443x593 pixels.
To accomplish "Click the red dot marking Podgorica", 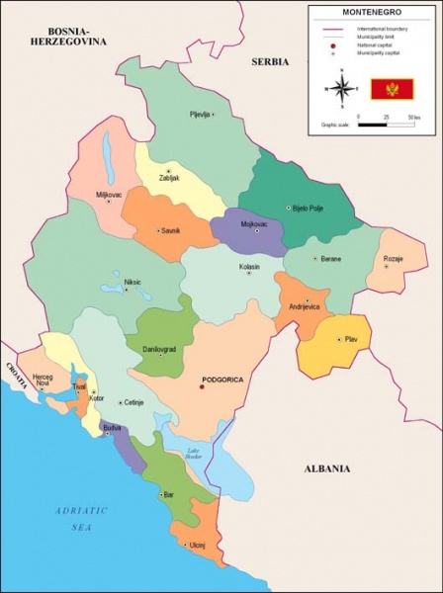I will (202, 387).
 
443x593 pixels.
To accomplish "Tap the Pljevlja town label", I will (201, 115).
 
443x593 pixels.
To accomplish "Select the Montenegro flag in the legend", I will (392, 89).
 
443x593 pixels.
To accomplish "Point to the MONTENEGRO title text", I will (372, 13).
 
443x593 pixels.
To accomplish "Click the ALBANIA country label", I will (327, 468).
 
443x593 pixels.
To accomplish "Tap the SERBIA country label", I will (269, 61).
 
